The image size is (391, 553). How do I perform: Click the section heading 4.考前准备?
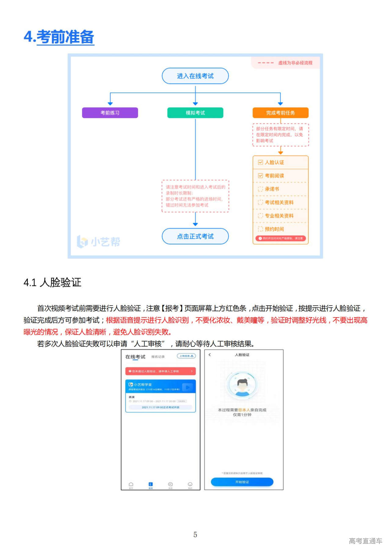click(59, 37)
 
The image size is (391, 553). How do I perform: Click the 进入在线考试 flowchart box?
click(195, 76)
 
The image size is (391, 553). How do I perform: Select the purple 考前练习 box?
click(110, 113)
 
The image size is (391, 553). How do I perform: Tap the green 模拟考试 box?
click(195, 113)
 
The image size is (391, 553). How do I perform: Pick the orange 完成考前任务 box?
click(280, 113)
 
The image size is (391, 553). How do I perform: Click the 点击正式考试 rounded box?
click(195, 236)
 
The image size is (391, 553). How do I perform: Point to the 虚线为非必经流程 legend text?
click(295, 63)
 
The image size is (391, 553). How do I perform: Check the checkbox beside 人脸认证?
click(260, 163)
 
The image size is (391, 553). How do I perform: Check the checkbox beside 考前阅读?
click(260, 176)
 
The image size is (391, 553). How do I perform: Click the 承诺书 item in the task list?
click(272, 189)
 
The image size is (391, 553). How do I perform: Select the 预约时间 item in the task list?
click(274, 229)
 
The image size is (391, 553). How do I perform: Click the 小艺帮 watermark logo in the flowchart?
click(98, 242)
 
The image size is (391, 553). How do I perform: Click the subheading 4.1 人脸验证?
click(52, 282)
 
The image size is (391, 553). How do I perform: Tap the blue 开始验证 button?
click(242, 482)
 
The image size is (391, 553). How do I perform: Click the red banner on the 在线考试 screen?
click(160, 371)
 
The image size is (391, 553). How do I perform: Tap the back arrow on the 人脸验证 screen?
click(210, 355)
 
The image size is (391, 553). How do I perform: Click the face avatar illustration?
click(242, 386)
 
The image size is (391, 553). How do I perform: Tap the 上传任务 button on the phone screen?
click(186, 356)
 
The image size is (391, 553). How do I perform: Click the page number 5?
click(195, 535)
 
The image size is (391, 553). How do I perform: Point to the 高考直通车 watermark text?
click(365, 541)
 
